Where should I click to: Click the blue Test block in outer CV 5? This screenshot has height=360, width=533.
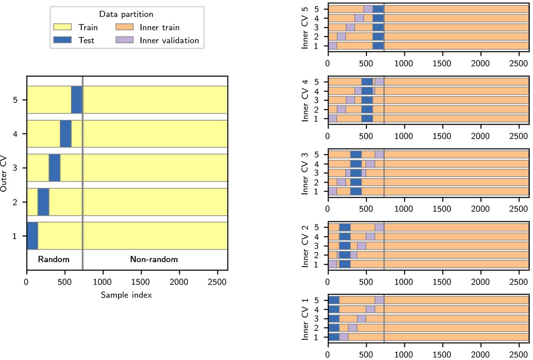[x=77, y=100]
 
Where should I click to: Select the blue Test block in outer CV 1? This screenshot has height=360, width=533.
[x=32, y=236]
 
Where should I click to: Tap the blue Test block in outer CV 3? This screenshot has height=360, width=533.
[x=54, y=168]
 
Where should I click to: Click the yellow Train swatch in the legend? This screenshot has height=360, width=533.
[x=62, y=27]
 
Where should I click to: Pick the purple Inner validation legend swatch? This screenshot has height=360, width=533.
[x=125, y=40]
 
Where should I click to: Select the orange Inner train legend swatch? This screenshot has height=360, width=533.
[x=125, y=27]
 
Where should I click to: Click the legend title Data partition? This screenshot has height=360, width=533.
[x=126, y=14]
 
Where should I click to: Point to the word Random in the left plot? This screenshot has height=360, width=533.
[x=53, y=259]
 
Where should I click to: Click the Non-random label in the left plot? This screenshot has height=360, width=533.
[x=154, y=259]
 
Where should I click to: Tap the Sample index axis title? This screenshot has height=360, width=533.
[x=126, y=295]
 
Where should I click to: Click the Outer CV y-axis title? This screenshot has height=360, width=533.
[x=4, y=173]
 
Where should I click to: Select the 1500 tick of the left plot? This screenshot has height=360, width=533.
[x=140, y=282]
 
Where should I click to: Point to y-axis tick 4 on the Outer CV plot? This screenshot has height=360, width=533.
[x=15, y=134]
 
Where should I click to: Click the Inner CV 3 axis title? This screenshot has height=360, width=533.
[x=305, y=173]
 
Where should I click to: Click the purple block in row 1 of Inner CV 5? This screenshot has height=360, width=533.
[x=333, y=46]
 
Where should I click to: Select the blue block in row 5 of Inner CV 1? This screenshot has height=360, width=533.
[x=334, y=300]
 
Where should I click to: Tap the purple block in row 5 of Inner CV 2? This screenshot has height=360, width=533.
[x=379, y=227]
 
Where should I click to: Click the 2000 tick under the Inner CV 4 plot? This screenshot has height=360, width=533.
[x=480, y=136]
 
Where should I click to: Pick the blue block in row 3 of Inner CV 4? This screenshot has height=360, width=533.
[x=367, y=100]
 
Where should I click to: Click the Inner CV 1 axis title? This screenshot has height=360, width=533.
[x=305, y=319]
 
